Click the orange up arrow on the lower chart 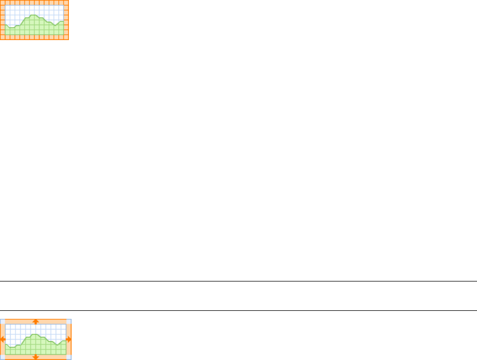[36, 321]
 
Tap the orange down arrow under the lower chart [36, 356]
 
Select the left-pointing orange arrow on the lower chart [3, 339]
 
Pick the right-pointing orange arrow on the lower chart [69, 339]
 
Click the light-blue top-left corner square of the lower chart [2, 321]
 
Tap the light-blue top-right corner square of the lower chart [69, 321]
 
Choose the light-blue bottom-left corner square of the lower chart [2, 357]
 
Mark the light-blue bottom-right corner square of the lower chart [69, 357]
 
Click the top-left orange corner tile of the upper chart [2, 2]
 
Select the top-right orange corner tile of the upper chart [66, 2]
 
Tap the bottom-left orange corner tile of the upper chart [2, 37]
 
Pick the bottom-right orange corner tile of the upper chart [66, 37]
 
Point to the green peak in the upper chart [34, 15]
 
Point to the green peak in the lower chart [35, 335]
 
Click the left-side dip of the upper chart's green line [11, 27]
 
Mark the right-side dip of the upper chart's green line [55, 25]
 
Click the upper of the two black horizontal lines [238, 281]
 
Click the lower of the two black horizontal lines [238, 310]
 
